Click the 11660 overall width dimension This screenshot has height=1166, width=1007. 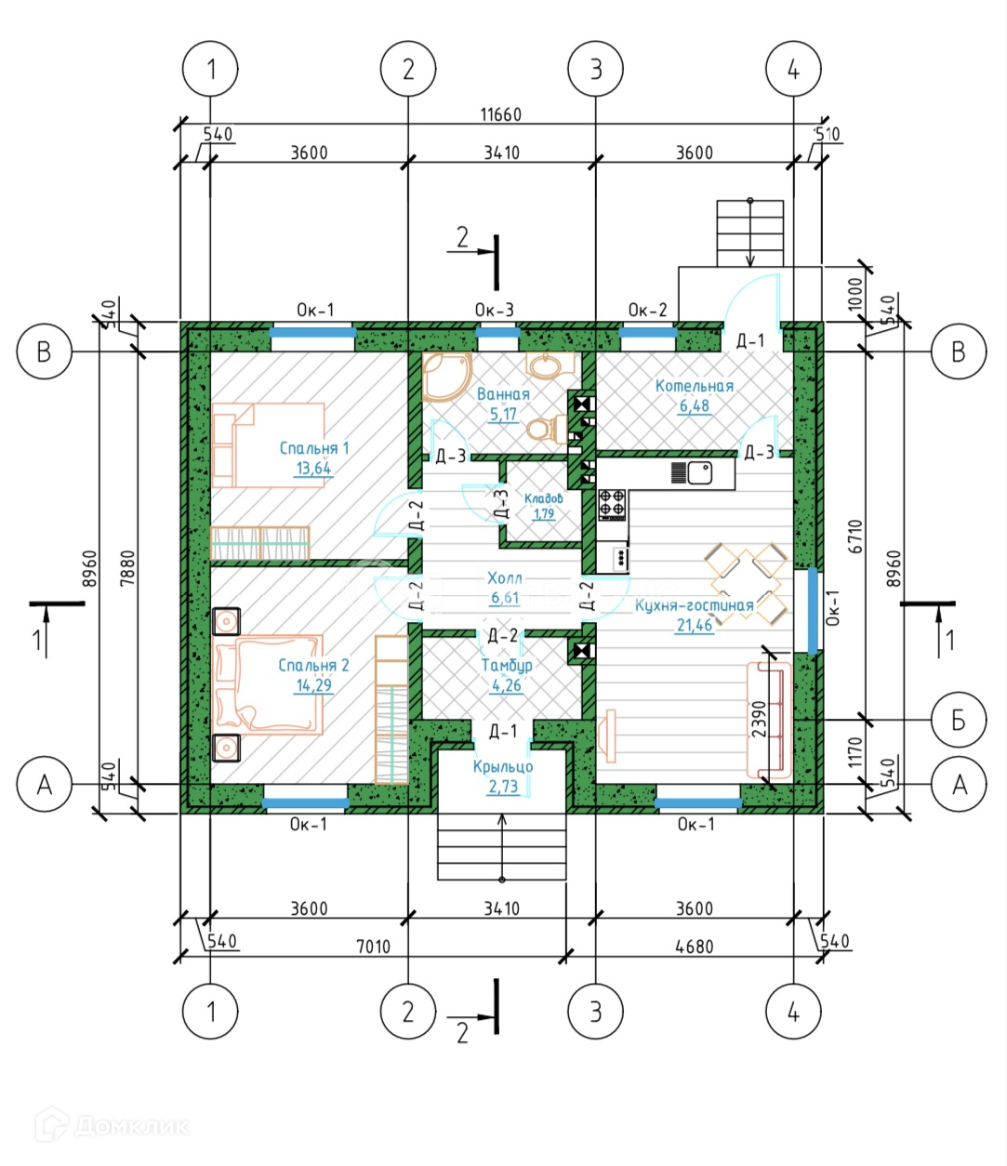pos(500,114)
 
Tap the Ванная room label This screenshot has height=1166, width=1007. pos(503,393)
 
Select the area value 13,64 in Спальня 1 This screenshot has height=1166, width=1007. pos(313,469)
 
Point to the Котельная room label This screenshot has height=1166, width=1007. pos(695,386)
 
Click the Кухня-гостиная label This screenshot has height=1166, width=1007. pos(695,605)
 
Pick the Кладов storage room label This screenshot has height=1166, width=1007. pos(544,498)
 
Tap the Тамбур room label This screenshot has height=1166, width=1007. pos(507,666)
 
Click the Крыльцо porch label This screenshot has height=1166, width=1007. pos(503,766)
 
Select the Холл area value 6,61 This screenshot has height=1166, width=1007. pos(504,597)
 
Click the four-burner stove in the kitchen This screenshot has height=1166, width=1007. pos(612,504)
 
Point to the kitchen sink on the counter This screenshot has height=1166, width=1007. pos(699,472)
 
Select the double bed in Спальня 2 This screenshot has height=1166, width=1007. pos(268,684)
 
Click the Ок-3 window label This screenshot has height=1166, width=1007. pos(494,310)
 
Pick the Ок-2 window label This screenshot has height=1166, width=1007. pos(648,310)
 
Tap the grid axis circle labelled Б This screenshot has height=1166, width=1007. pos(959,720)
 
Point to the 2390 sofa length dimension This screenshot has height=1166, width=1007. pos(760,719)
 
